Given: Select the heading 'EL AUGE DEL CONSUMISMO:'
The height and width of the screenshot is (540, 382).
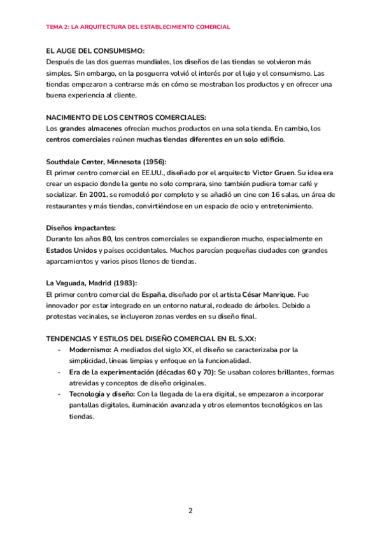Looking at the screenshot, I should (x=96, y=50).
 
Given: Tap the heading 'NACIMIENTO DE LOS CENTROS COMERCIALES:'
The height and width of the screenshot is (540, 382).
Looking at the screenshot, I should (x=126, y=117).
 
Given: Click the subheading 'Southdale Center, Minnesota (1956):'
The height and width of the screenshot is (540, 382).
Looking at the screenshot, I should (x=106, y=162).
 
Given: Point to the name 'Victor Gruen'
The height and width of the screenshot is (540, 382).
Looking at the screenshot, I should (x=273, y=173).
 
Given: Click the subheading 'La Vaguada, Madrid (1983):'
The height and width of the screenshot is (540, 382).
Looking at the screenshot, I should (x=91, y=283).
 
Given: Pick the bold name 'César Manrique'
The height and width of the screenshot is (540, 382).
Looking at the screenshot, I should (x=267, y=295).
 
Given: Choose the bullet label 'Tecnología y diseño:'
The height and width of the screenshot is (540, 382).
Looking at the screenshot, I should (x=102, y=394).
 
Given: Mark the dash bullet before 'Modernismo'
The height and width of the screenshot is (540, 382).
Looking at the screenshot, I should (x=59, y=350).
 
